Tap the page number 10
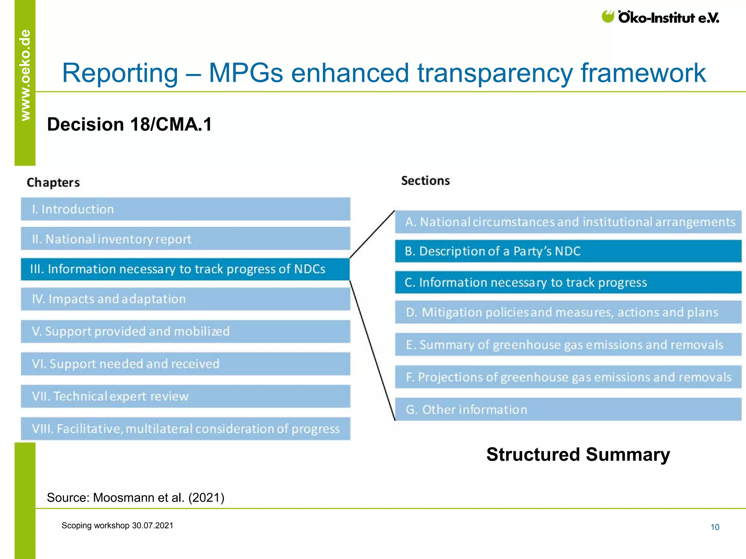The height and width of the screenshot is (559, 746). (x=715, y=527)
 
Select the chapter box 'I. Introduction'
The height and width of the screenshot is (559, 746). (x=185, y=209)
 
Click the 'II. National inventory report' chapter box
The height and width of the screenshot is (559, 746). (x=185, y=239)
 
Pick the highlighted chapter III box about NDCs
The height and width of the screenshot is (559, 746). (x=185, y=269)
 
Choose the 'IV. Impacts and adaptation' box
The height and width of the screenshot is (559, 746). (x=185, y=299)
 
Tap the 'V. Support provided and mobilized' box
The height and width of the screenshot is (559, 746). (x=185, y=331)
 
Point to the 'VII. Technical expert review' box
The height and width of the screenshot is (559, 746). (x=185, y=396)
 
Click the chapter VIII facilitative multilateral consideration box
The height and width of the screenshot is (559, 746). (x=185, y=428)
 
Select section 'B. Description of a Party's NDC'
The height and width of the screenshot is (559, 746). (x=568, y=251)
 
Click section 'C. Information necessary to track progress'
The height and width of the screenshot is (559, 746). (x=568, y=282)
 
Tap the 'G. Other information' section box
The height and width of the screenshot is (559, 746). (x=568, y=409)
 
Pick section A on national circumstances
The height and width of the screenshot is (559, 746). (x=568, y=222)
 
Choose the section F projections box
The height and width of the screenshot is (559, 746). (x=568, y=377)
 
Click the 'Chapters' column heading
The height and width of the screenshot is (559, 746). (x=53, y=182)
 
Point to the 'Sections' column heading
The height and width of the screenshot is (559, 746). (x=425, y=181)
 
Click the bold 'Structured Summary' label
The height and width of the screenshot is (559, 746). (x=578, y=455)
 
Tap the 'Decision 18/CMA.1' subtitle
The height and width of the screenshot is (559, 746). (x=129, y=124)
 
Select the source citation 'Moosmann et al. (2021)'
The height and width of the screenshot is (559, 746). (x=136, y=497)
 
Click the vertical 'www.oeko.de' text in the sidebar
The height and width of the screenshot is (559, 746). (x=25, y=75)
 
